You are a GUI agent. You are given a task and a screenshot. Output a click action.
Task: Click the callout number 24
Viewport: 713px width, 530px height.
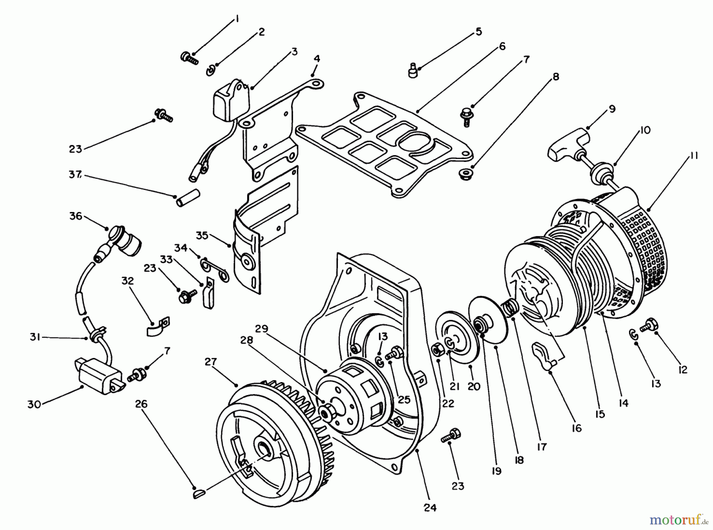coord(430,507)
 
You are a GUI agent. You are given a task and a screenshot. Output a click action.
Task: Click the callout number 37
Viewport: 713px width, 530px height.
coord(75,174)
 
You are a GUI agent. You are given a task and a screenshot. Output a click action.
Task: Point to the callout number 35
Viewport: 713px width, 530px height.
coord(202,235)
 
